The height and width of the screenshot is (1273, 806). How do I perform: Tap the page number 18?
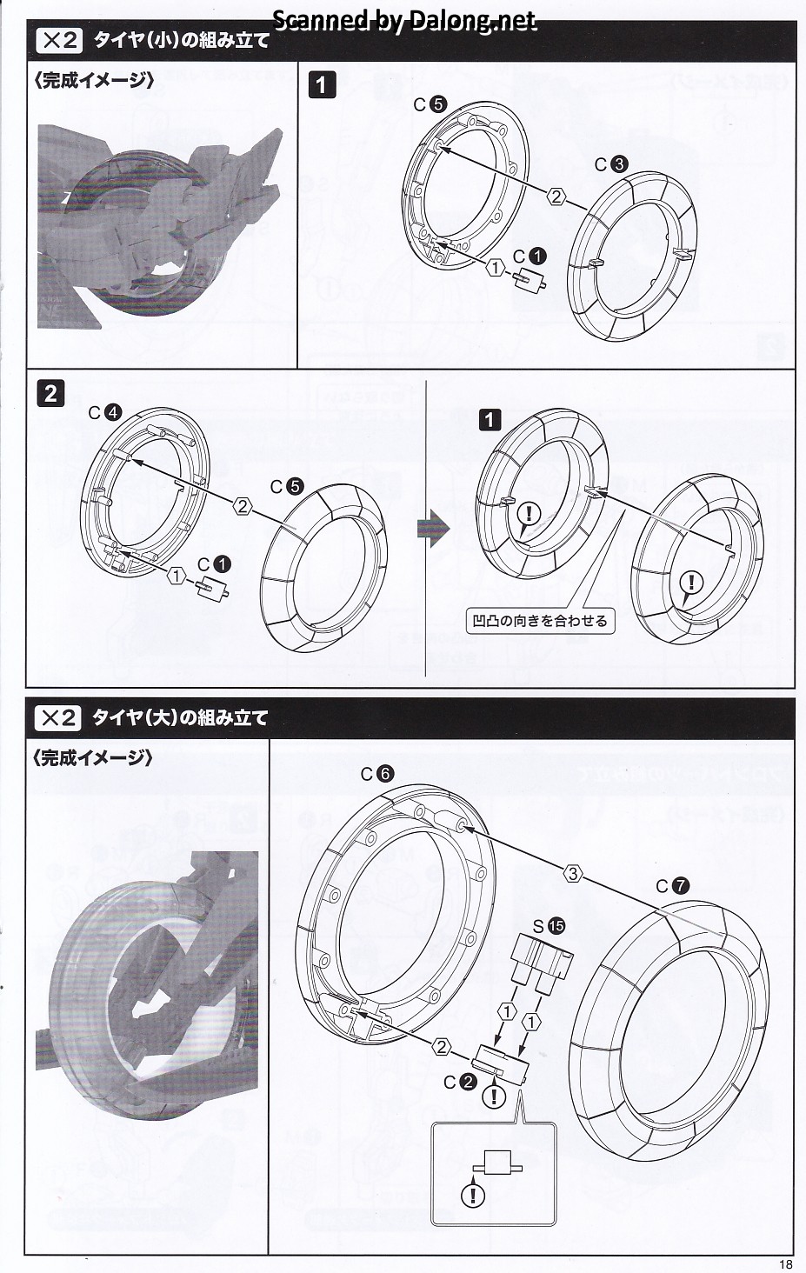coord(786,1264)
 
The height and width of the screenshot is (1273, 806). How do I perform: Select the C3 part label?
coord(610,164)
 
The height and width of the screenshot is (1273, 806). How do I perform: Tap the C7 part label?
coord(672,885)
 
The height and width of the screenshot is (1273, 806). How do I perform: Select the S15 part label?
coord(548,927)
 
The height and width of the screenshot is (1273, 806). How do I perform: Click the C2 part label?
coord(459,1082)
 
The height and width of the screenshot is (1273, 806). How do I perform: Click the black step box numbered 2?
coord(50,393)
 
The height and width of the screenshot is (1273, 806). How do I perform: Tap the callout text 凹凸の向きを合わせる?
coord(539,621)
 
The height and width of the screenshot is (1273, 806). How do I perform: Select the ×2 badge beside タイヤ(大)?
coord(58,718)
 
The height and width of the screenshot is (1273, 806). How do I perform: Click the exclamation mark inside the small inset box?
coord(473,1196)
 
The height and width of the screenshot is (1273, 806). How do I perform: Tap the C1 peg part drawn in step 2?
coord(212,588)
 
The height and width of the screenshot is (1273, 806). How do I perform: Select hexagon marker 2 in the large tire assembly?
coord(443,1047)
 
